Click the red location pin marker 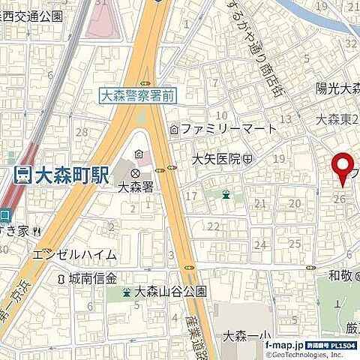(343, 166)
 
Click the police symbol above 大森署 (136, 172)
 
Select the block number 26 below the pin (340, 199)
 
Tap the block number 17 (191, 196)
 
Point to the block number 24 (260, 244)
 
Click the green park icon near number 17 (226, 195)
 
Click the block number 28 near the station (82, 133)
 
